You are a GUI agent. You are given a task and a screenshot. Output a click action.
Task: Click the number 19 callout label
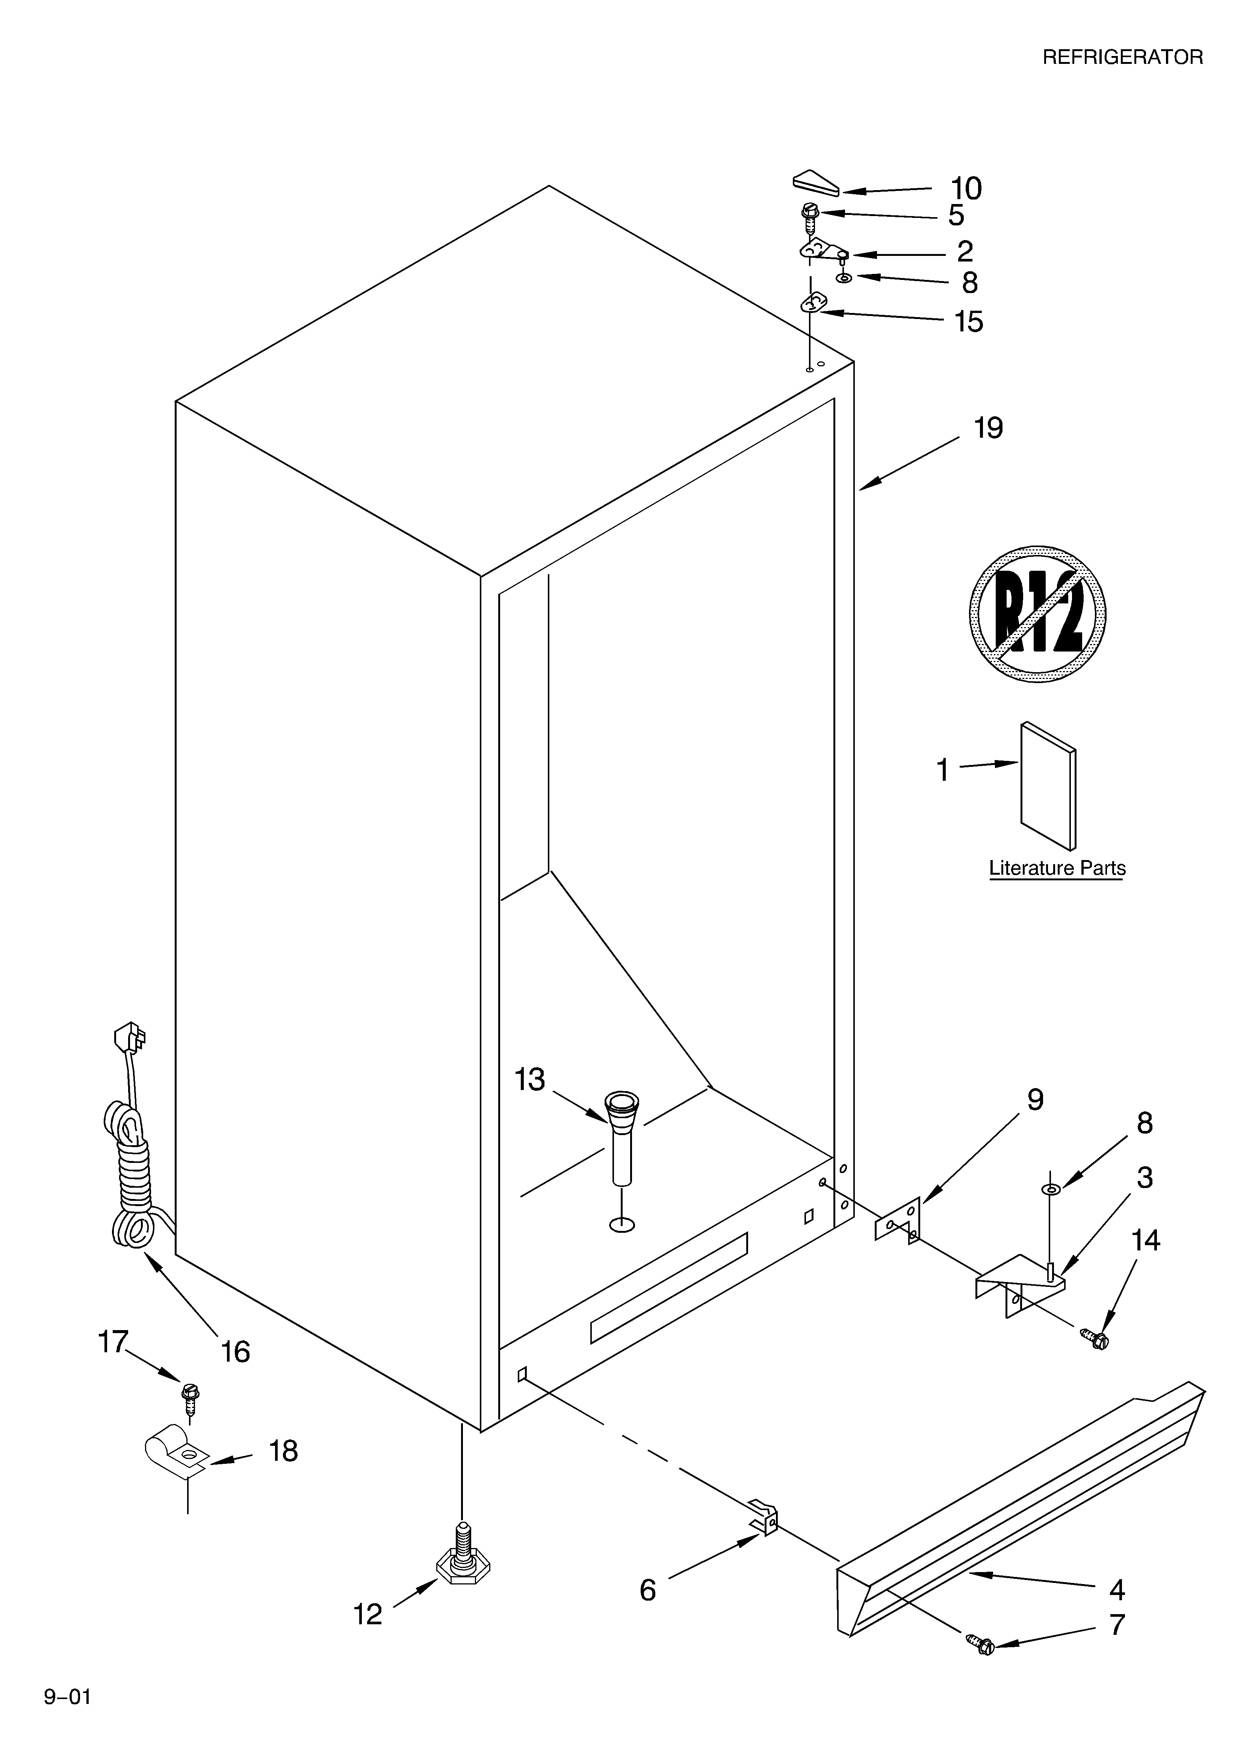pyautogui.click(x=988, y=428)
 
